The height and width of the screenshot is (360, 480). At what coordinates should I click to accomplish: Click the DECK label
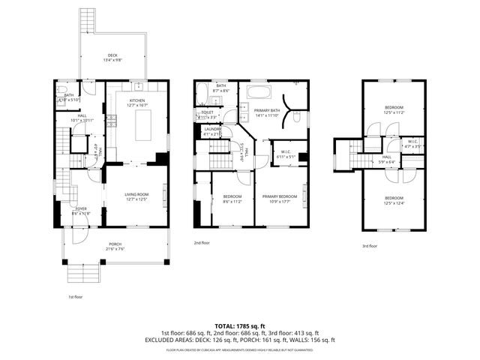click(112, 55)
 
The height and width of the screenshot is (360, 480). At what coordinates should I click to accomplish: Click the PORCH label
click(115, 244)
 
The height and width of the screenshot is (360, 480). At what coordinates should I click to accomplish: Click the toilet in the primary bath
click(298, 116)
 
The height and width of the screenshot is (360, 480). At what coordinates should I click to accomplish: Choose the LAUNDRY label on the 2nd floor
click(213, 130)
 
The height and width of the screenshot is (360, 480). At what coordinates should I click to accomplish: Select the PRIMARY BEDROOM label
click(280, 196)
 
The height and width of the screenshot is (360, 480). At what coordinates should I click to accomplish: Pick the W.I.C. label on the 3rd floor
click(413, 140)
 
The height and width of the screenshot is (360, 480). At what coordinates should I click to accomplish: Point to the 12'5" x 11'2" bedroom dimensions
click(394, 112)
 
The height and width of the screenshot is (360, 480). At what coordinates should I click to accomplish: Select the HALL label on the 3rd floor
click(387, 157)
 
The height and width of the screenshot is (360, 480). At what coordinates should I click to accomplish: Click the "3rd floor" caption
click(369, 246)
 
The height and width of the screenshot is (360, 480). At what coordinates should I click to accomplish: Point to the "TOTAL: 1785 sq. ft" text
click(239, 326)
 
